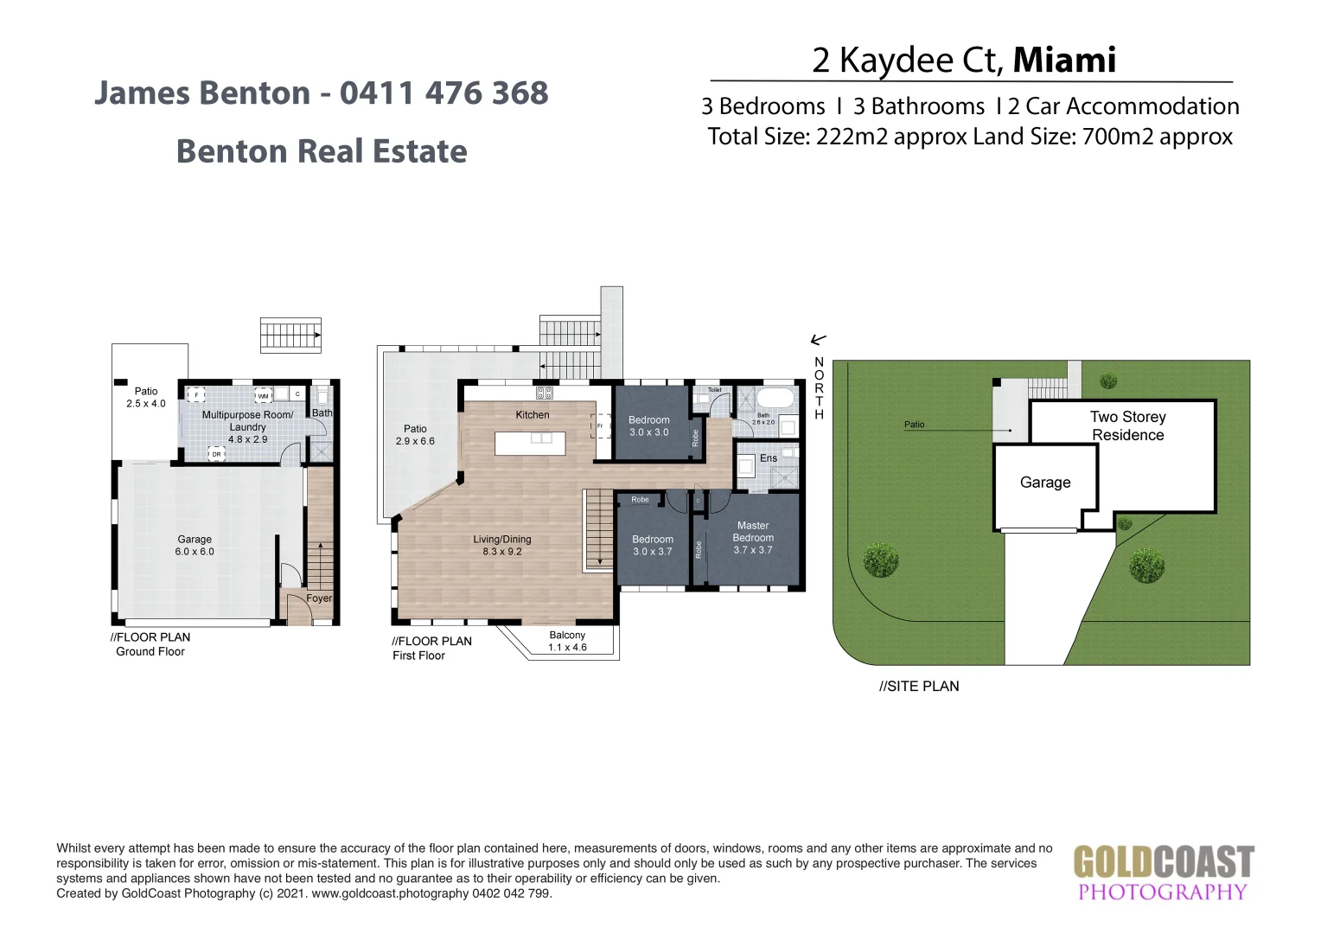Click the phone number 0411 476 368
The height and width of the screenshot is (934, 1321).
(444, 93)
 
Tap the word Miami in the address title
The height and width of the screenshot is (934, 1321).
(1063, 60)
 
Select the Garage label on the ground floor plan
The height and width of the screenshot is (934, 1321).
(195, 545)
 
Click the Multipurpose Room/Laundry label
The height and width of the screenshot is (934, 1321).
(247, 426)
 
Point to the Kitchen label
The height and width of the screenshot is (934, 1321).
(533, 415)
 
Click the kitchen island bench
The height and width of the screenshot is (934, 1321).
(530, 443)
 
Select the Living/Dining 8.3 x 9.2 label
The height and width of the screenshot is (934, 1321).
(502, 545)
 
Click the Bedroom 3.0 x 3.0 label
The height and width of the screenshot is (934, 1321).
(648, 426)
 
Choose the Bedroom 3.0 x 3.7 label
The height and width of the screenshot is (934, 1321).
(652, 545)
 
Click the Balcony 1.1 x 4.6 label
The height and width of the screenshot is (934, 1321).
(567, 641)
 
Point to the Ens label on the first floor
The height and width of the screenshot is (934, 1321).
(769, 458)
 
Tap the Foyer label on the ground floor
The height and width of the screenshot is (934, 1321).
(319, 598)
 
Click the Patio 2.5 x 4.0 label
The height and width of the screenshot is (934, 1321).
(146, 397)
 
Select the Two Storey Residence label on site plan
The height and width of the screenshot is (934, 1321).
(1127, 425)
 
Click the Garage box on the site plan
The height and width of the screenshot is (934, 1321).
(1044, 483)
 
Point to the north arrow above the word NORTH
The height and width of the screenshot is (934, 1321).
(818, 340)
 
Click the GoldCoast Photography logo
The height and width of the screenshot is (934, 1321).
(1163, 873)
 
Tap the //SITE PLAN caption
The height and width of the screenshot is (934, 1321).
(919, 686)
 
